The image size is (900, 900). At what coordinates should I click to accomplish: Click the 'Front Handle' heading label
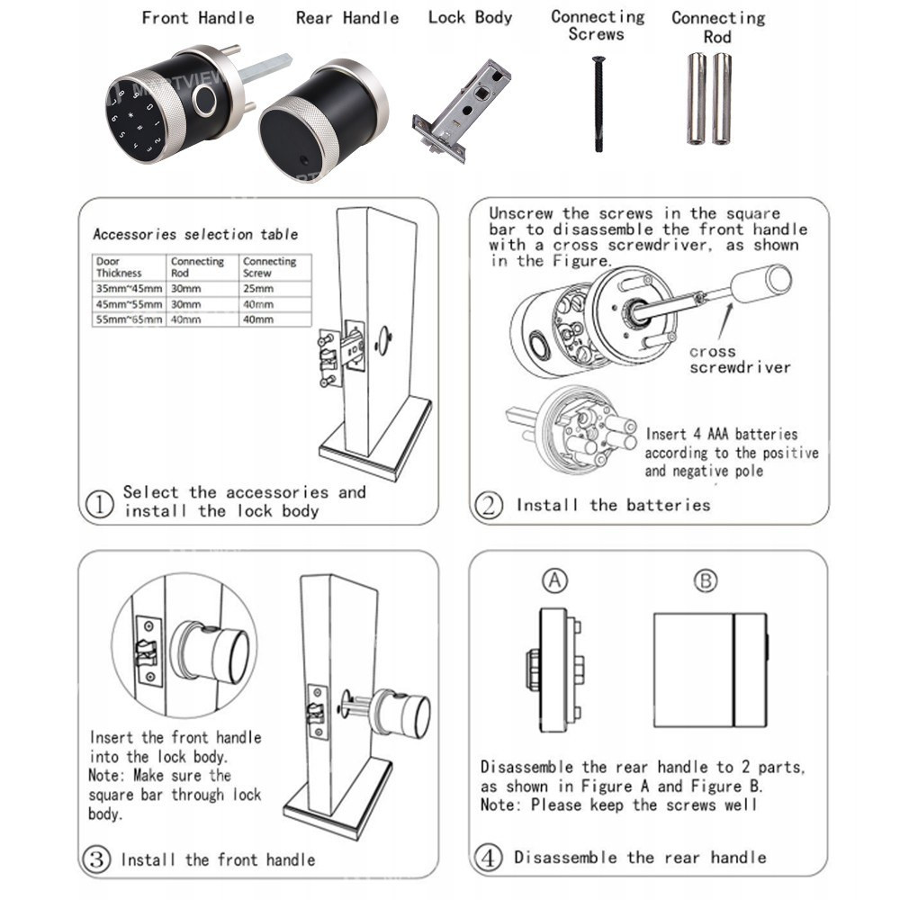pyautogui.click(x=198, y=18)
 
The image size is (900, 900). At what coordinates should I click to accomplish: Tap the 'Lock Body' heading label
pyautogui.click(x=470, y=17)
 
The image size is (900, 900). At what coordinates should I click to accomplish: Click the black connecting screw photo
pyautogui.click(x=598, y=103)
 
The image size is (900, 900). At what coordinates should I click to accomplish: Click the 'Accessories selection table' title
pyautogui.click(x=195, y=234)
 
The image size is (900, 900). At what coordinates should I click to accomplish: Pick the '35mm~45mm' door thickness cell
pyautogui.click(x=130, y=289)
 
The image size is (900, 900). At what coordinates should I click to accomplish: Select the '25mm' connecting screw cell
pyautogui.click(x=257, y=289)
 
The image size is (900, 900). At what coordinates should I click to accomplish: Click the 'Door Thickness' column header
pyautogui.click(x=119, y=266)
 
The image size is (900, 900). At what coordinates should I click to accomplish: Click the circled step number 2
pyautogui.click(x=489, y=505)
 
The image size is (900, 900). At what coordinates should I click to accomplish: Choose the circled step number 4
pyautogui.click(x=489, y=858)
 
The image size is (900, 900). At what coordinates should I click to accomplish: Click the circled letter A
pyautogui.click(x=555, y=581)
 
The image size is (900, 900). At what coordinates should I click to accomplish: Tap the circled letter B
pyautogui.click(x=706, y=581)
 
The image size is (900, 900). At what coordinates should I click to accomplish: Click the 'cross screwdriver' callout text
pyautogui.click(x=740, y=359)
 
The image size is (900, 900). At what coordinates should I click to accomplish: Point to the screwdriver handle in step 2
pyautogui.click(x=760, y=283)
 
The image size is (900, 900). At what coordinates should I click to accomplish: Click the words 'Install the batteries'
pyautogui.click(x=613, y=505)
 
